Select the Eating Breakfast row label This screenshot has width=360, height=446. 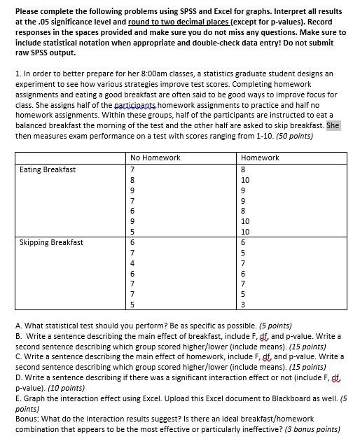48,169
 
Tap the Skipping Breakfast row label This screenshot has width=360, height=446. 51,242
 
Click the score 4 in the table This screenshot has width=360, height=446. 132,263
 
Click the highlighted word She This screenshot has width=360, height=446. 333,125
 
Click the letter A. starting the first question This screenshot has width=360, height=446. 18,326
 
